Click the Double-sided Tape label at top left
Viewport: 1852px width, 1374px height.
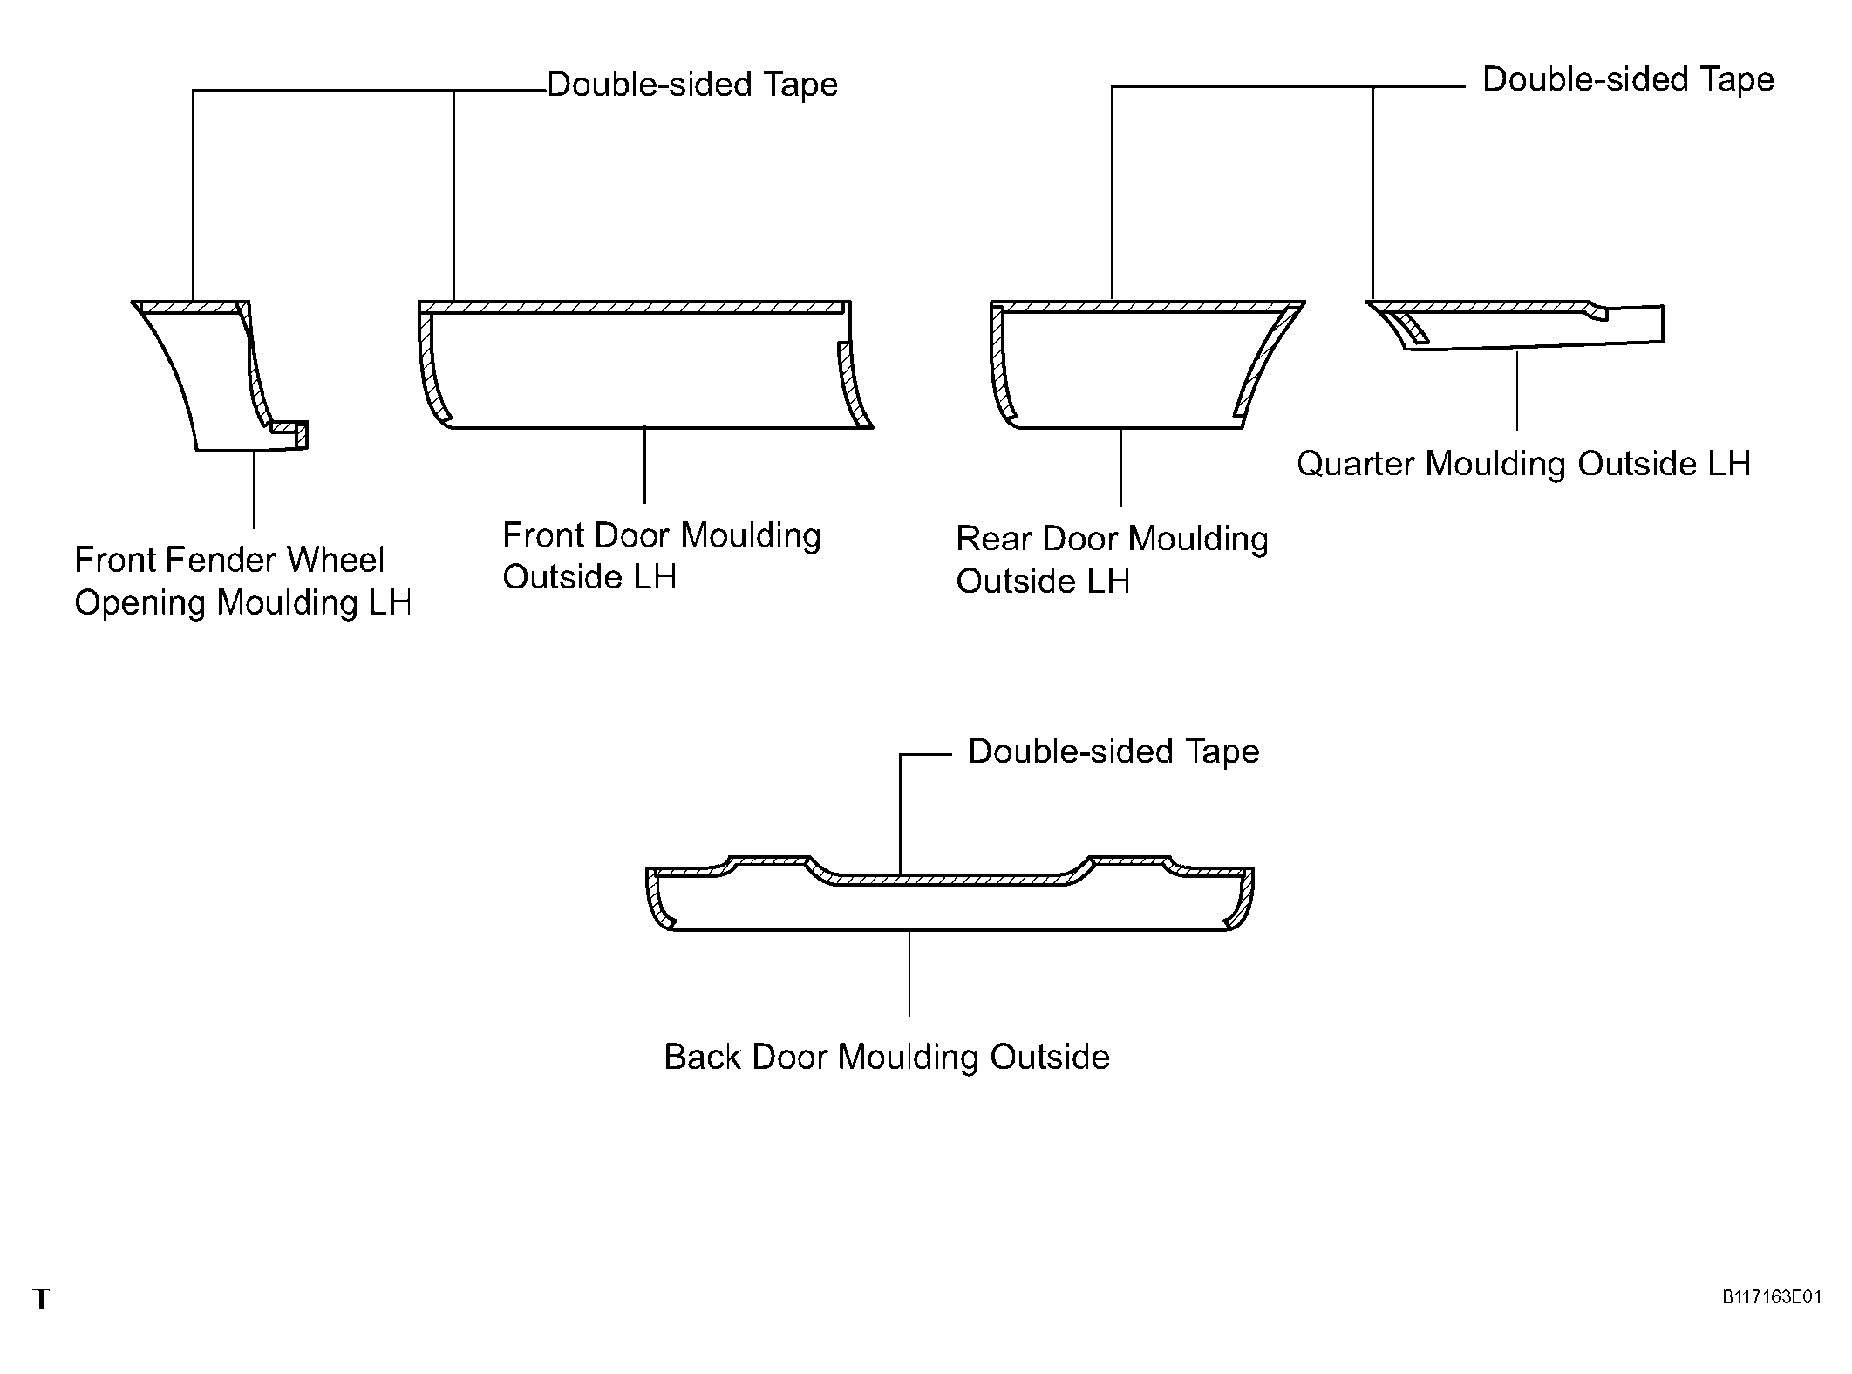[x=692, y=85]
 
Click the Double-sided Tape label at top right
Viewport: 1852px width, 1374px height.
[x=1628, y=79]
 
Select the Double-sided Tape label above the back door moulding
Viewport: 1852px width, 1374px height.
[x=1113, y=752]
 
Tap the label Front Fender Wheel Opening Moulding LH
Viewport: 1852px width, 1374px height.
[x=242, y=582]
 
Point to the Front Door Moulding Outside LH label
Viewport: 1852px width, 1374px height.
[x=662, y=556]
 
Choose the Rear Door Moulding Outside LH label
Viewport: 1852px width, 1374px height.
[x=1112, y=560]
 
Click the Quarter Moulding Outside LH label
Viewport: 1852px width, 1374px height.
[x=1523, y=464]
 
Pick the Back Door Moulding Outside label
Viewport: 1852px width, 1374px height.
[x=887, y=1057]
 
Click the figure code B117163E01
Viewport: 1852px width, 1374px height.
[x=1771, y=1296]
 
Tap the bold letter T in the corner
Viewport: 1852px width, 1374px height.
[x=41, y=1299]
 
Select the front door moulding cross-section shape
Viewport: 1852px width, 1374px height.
[x=645, y=364]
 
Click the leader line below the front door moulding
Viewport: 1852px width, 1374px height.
[x=645, y=466]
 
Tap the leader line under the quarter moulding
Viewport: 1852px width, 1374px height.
[x=1517, y=390]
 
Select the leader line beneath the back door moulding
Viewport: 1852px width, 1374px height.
[x=909, y=974]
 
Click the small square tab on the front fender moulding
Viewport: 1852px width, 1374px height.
[x=302, y=435]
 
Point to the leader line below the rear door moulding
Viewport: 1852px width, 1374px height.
[x=1120, y=467]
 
